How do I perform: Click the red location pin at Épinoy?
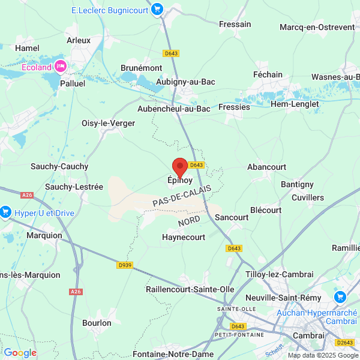pos(179,167)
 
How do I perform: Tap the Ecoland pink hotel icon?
pos(60,67)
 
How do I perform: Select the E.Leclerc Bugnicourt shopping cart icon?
pos(157,9)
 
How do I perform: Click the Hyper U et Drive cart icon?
pos(6,211)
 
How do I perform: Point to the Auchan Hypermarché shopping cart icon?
pos(340,297)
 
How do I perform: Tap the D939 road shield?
pos(125,265)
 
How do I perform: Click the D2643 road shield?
pos(344,343)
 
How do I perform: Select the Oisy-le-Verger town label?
pos(108,123)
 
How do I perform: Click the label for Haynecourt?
pos(184,237)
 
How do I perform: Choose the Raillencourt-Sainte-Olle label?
pos(190,289)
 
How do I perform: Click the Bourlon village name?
pos(97,323)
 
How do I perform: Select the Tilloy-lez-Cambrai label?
pos(280,274)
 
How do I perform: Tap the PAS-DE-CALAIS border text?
pos(182,196)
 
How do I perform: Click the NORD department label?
pos(189,221)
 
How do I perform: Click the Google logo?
pos(20,353)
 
